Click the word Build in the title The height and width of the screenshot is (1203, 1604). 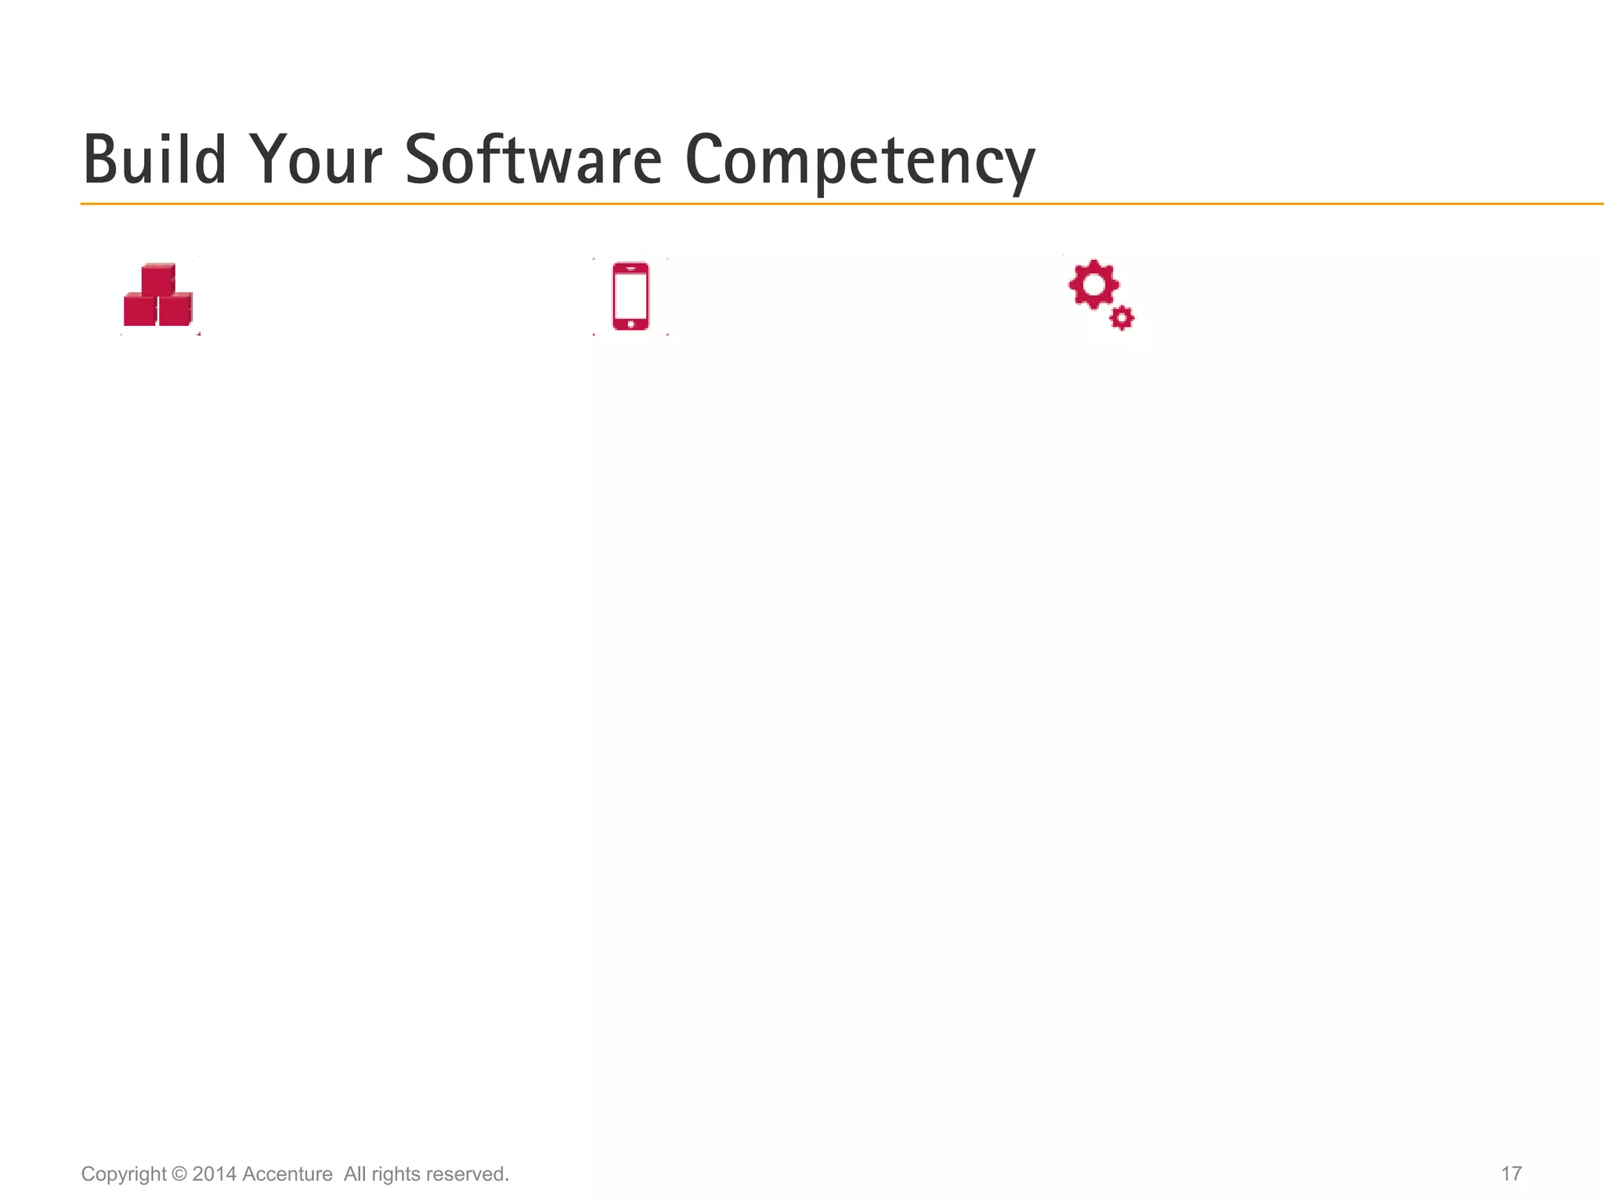154,161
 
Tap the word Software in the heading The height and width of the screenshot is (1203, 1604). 533,161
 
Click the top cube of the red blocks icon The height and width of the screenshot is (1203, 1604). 157,280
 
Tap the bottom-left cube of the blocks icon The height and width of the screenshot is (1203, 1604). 139,310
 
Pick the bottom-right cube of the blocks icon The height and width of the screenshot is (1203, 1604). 175,310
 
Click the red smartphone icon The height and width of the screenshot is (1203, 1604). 630,296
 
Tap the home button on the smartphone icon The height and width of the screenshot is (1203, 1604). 630,323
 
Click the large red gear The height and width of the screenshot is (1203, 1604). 1093,284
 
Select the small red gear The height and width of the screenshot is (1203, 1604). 1122,318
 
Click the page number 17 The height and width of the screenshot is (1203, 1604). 1511,1174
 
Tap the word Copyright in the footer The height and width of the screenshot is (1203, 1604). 124,1174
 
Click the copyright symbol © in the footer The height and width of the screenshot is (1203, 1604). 179,1174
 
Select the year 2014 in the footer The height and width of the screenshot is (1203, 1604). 214,1174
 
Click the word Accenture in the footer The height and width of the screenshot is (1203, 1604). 287,1174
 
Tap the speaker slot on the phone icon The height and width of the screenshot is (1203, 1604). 630,269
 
